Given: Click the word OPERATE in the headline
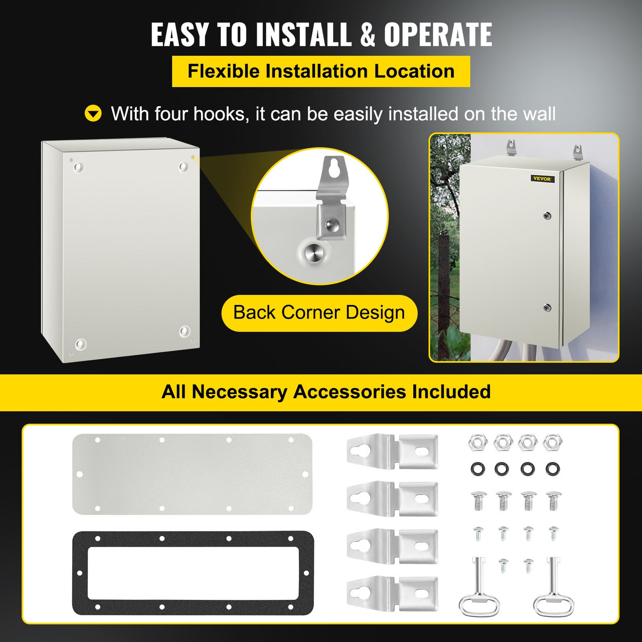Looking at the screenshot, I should (x=438, y=35).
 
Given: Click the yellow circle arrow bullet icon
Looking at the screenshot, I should (x=93, y=114).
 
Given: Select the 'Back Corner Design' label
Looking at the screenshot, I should (x=319, y=313).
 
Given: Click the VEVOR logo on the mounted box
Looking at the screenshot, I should (x=542, y=179).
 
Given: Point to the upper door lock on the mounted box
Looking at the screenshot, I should (x=547, y=216).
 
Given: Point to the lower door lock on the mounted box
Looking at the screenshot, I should (x=547, y=307).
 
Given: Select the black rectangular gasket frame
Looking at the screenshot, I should (x=193, y=573).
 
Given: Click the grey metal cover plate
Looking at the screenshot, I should (x=192, y=473).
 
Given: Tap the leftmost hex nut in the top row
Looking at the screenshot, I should (x=477, y=442).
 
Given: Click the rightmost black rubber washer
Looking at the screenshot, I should (x=552, y=469).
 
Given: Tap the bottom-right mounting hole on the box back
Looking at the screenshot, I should (x=185, y=331).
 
